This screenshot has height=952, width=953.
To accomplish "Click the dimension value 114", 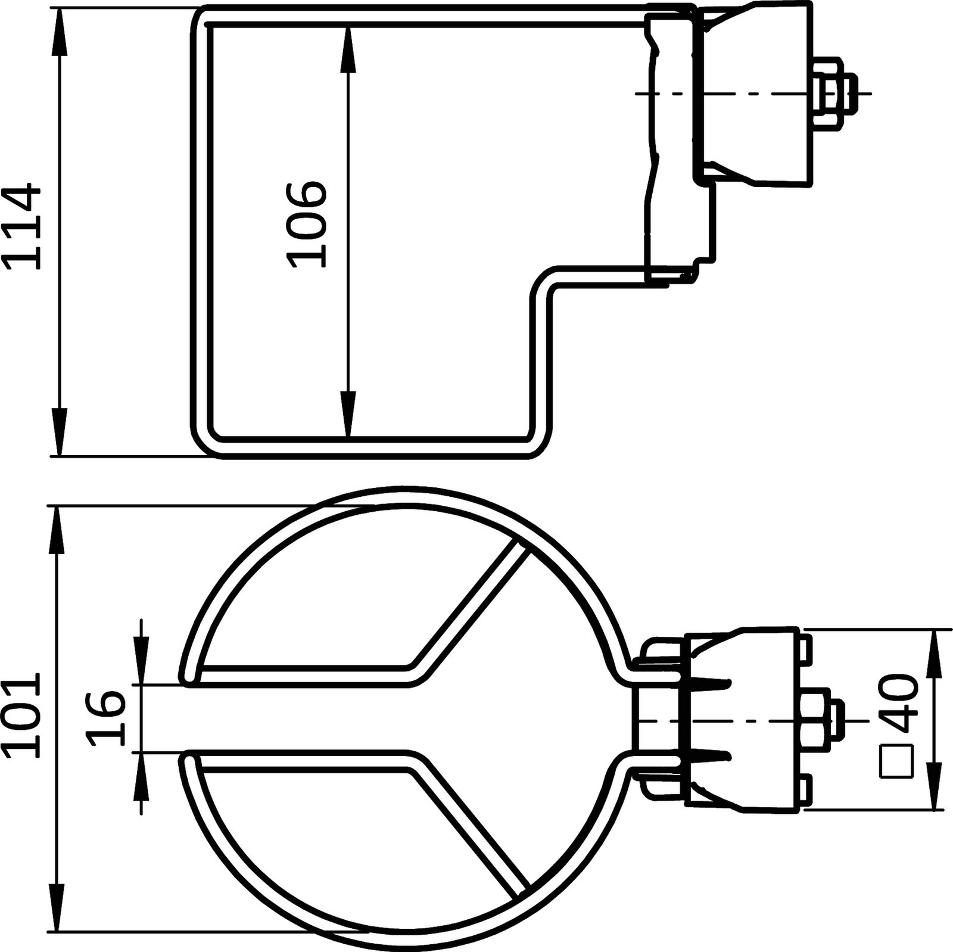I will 22,228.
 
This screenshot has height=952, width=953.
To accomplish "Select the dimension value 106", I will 307,224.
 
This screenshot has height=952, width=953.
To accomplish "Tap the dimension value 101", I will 22,715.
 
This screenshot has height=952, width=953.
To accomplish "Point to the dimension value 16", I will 106,718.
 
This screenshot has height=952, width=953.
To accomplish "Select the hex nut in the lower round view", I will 814,721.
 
